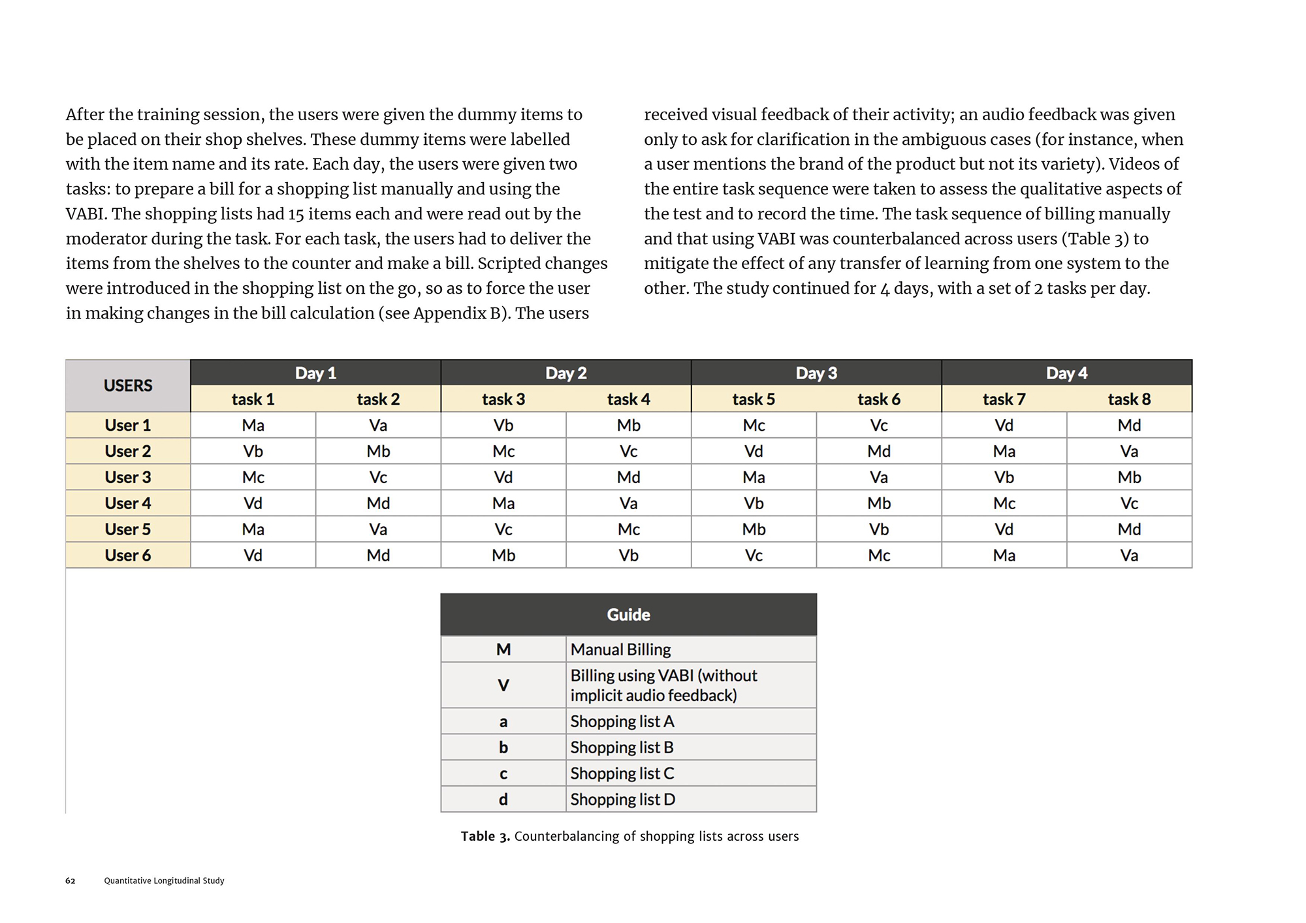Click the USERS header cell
[x=128, y=386]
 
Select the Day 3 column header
[x=816, y=373]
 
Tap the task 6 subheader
[x=878, y=399]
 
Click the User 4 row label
[x=128, y=503]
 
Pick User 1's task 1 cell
[x=253, y=426]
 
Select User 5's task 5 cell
[x=754, y=529]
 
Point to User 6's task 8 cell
[x=1129, y=555]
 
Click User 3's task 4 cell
[x=628, y=477]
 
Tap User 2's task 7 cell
[x=1004, y=451]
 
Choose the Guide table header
[x=628, y=614]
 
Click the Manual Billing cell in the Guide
[x=620, y=649]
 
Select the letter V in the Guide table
[x=503, y=685]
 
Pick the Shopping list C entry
[x=622, y=774]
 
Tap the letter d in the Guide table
[x=503, y=800]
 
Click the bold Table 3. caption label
[x=485, y=836]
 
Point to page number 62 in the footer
[x=71, y=881]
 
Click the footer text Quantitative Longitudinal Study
[x=164, y=881]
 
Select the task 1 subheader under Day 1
[x=253, y=399]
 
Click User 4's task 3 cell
[x=503, y=503]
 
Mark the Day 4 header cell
[x=1066, y=373]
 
